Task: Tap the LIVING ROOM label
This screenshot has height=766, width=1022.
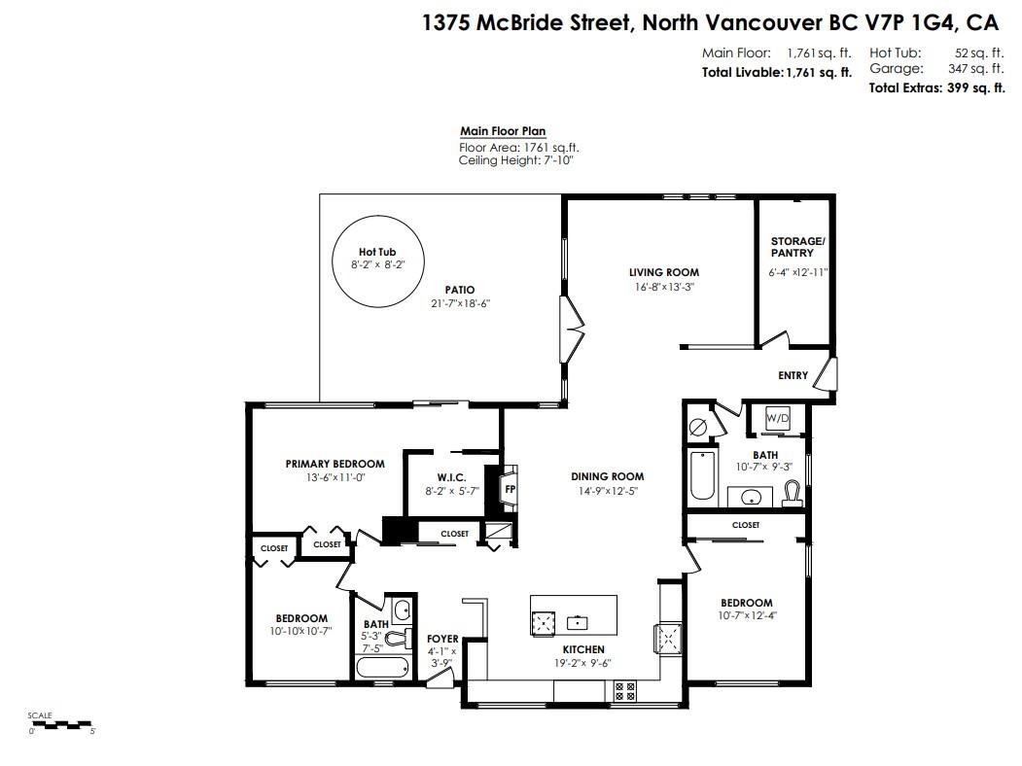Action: click(663, 272)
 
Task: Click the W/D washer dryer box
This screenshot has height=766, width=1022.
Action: click(778, 418)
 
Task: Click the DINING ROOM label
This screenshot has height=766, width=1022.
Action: click(607, 476)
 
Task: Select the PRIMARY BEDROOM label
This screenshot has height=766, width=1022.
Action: click(335, 464)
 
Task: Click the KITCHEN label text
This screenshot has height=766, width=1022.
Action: click(583, 649)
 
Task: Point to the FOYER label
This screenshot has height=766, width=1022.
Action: click(442, 639)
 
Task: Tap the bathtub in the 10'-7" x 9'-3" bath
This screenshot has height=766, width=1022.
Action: click(701, 475)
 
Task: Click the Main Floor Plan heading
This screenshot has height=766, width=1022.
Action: click(503, 131)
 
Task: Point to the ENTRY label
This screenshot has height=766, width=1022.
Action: click(793, 375)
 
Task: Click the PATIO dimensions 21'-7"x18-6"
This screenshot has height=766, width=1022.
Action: click(460, 303)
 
